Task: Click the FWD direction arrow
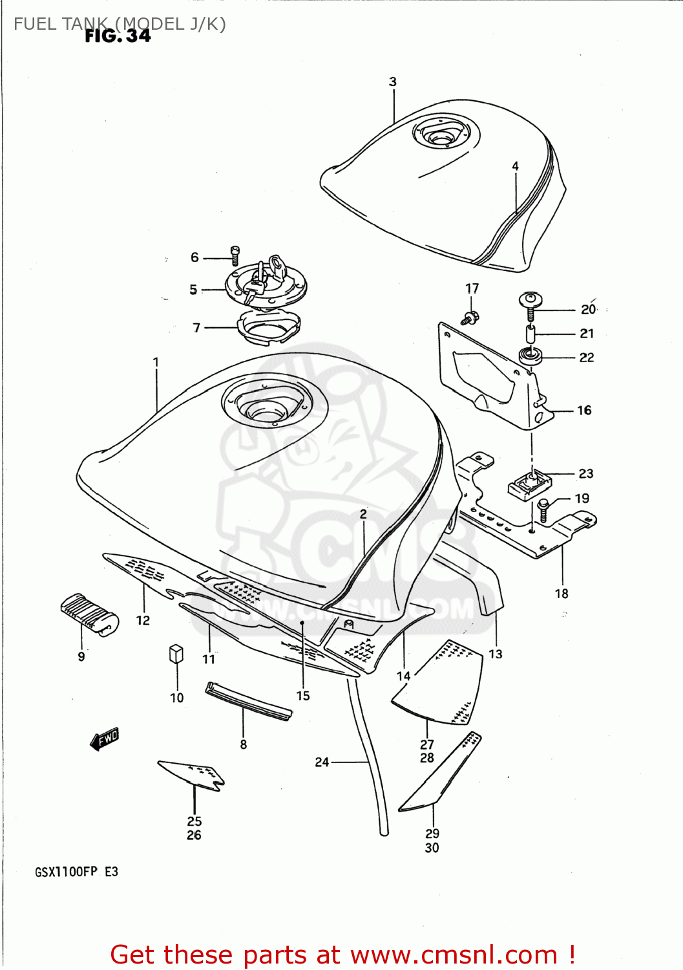pyautogui.click(x=105, y=738)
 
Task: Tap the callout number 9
pyautogui.click(x=81, y=656)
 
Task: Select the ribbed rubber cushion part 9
pyautogui.click(x=90, y=614)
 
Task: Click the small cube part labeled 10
pyautogui.click(x=176, y=653)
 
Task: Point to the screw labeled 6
pyautogui.click(x=235, y=255)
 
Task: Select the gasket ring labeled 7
pyautogui.click(x=269, y=327)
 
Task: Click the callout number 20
pyautogui.click(x=588, y=310)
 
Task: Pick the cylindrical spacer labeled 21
pyautogui.click(x=531, y=335)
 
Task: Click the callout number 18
pyautogui.click(x=562, y=593)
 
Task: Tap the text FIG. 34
pyautogui.click(x=118, y=36)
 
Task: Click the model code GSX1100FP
pyautogui.click(x=66, y=872)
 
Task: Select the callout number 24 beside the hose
pyautogui.click(x=322, y=762)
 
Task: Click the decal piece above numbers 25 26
pyautogui.click(x=192, y=773)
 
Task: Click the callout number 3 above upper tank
pyautogui.click(x=393, y=81)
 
